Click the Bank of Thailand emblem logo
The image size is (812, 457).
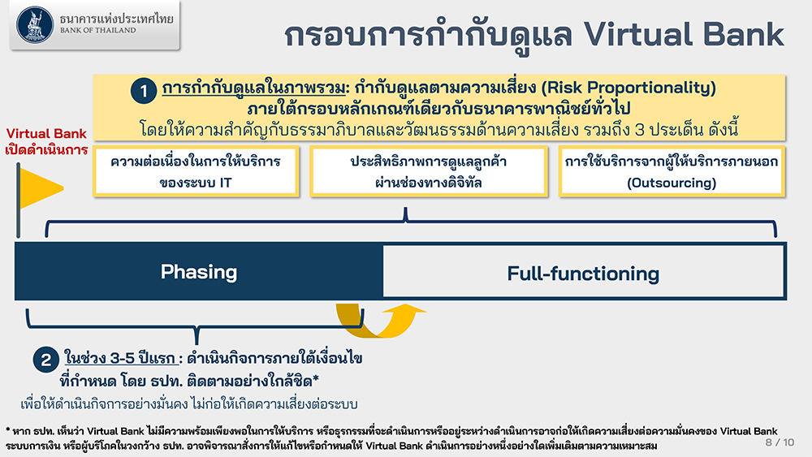[x=35, y=24]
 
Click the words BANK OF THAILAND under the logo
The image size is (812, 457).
[x=98, y=31]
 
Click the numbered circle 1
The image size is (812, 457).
[x=144, y=91]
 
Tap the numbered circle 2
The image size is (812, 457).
[x=46, y=360]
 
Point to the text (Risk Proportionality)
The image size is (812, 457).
[x=628, y=88]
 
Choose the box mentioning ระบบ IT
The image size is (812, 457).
[x=196, y=171]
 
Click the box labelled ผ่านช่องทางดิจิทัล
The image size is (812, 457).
[x=429, y=171]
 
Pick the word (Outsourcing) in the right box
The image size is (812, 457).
[x=672, y=183]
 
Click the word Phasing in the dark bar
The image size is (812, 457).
[x=199, y=272]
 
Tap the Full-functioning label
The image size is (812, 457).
[x=583, y=274]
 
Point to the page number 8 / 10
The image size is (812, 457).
[x=780, y=442]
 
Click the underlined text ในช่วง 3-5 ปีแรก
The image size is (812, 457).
[x=119, y=358]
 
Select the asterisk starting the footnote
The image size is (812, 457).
[x=8, y=429]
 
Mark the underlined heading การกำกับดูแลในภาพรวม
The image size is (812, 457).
[x=253, y=88]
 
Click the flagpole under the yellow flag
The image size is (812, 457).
[x=18, y=200]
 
